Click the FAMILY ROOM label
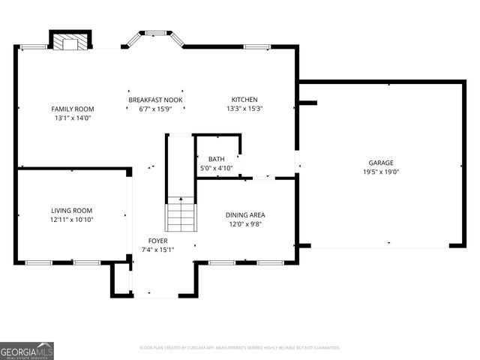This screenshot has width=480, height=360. [73, 109]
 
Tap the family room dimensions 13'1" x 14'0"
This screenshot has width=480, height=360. [73, 118]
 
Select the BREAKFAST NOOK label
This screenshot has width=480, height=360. [155, 100]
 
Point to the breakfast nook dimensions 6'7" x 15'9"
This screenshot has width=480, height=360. [155, 109]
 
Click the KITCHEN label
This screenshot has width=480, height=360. [244, 100]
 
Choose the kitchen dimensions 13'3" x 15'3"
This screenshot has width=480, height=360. [244, 109]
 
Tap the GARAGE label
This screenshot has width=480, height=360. [380, 163]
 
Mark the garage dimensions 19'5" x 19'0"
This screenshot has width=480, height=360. [380, 172]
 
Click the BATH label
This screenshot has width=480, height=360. [216, 159]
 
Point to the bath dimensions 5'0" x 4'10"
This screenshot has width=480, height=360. [216, 168]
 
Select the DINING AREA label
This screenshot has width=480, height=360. [245, 215]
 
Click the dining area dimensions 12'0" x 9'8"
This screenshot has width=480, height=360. [245, 224]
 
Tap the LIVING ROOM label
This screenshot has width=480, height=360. [72, 211]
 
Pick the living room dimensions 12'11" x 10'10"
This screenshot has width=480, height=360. [72, 220]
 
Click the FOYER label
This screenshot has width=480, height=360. [157, 241]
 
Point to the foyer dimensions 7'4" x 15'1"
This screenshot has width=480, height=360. [157, 250]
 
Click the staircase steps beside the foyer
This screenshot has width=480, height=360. [180, 214]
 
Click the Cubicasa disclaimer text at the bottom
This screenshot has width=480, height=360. [240, 348]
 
